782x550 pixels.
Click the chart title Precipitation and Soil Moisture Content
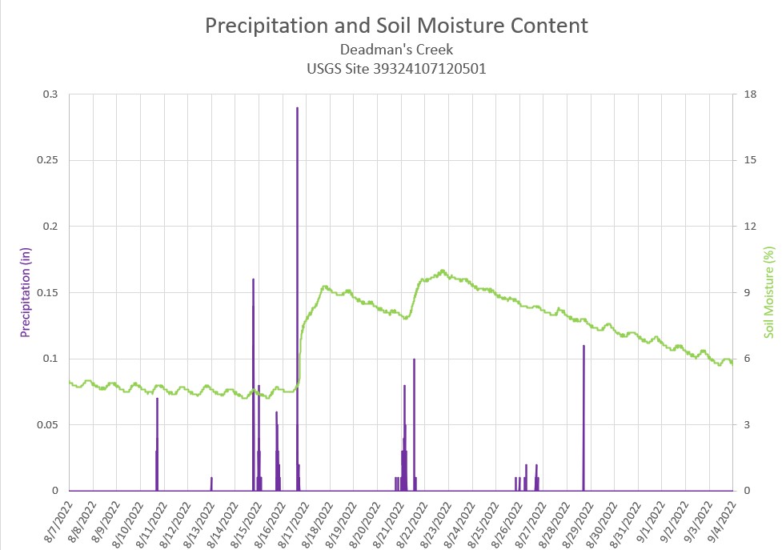click(396, 26)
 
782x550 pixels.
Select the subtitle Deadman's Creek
click(396, 50)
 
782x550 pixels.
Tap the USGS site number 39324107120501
click(396, 69)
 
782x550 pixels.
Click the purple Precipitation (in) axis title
click(26, 291)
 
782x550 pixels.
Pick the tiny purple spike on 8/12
click(211, 484)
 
